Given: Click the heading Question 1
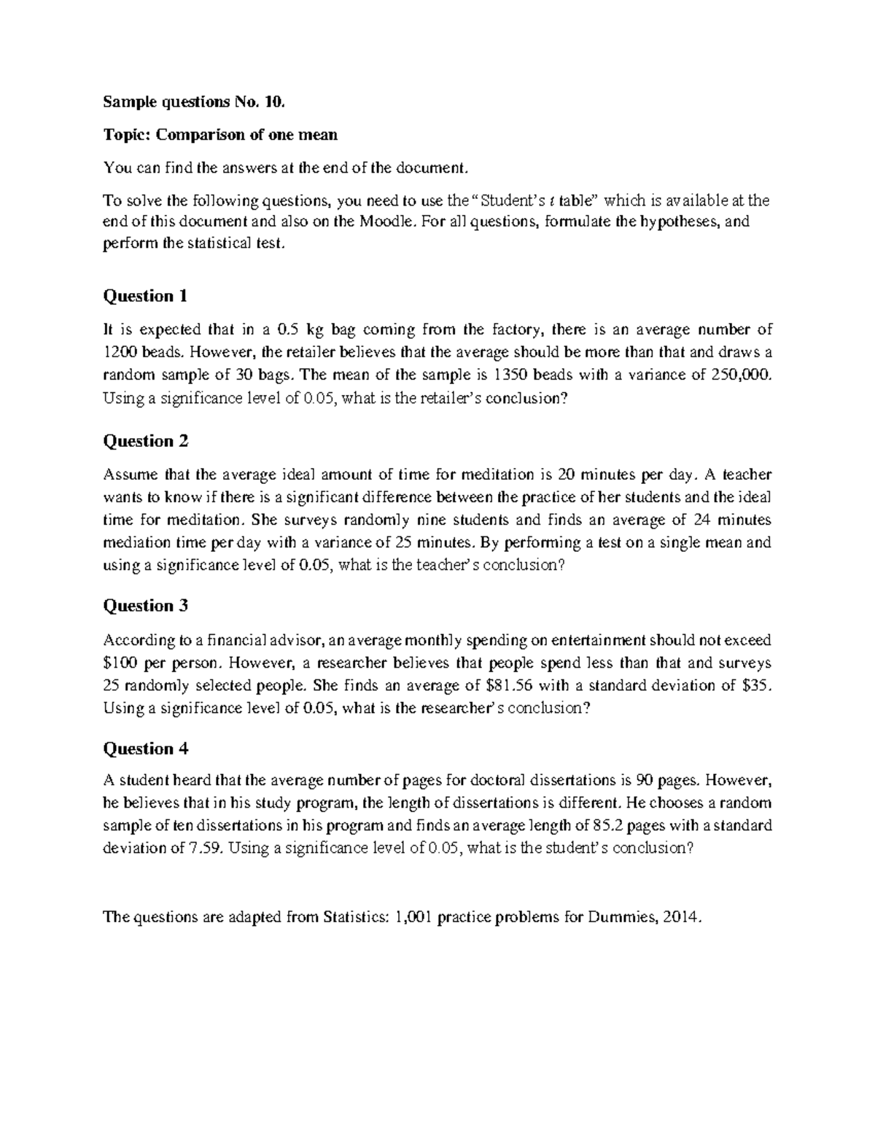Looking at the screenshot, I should click(146, 296).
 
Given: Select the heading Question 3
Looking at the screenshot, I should click(146, 606).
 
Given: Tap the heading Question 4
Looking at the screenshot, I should click(146, 749).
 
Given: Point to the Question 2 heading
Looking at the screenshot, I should click(146, 441).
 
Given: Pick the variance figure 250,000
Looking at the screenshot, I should click(739, 375).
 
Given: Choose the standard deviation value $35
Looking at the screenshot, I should click(755, 686).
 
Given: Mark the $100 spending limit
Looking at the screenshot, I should click(119, 664).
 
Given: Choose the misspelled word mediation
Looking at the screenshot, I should click(137, 543).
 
